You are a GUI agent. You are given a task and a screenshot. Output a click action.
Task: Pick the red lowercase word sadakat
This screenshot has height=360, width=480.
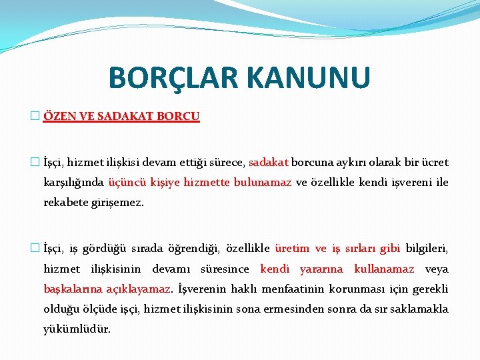pos(268,162)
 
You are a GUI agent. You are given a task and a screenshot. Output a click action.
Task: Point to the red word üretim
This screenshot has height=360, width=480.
pos(292,249)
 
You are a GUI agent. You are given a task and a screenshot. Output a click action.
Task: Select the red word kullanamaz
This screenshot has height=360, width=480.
pos(384,269)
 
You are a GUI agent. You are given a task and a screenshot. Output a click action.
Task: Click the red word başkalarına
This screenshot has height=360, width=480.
pos(72,289)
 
